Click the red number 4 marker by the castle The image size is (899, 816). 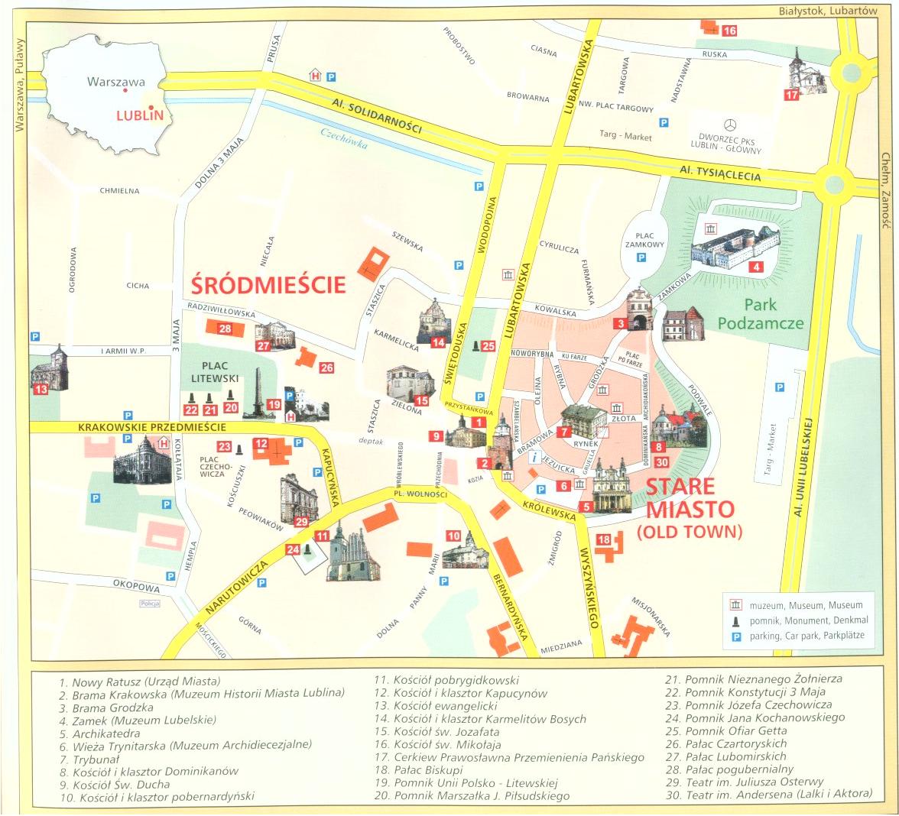click(x=756, y=267)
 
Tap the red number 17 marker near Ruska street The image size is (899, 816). click(x=791, y=95)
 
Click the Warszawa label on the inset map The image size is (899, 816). click(x=116, y=81)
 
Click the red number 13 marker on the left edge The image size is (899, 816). click(x=41, y=390)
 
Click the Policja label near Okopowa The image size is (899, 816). click(x=149, y=604)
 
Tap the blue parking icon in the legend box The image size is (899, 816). click(x=736, y=636)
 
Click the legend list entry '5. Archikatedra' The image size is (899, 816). click(x=92, y=732)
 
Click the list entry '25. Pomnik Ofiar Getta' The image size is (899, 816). click(x=735, y=730)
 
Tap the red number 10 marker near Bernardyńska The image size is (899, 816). click(x=453, y=536)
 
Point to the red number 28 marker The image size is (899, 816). click(x=225, y=329)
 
